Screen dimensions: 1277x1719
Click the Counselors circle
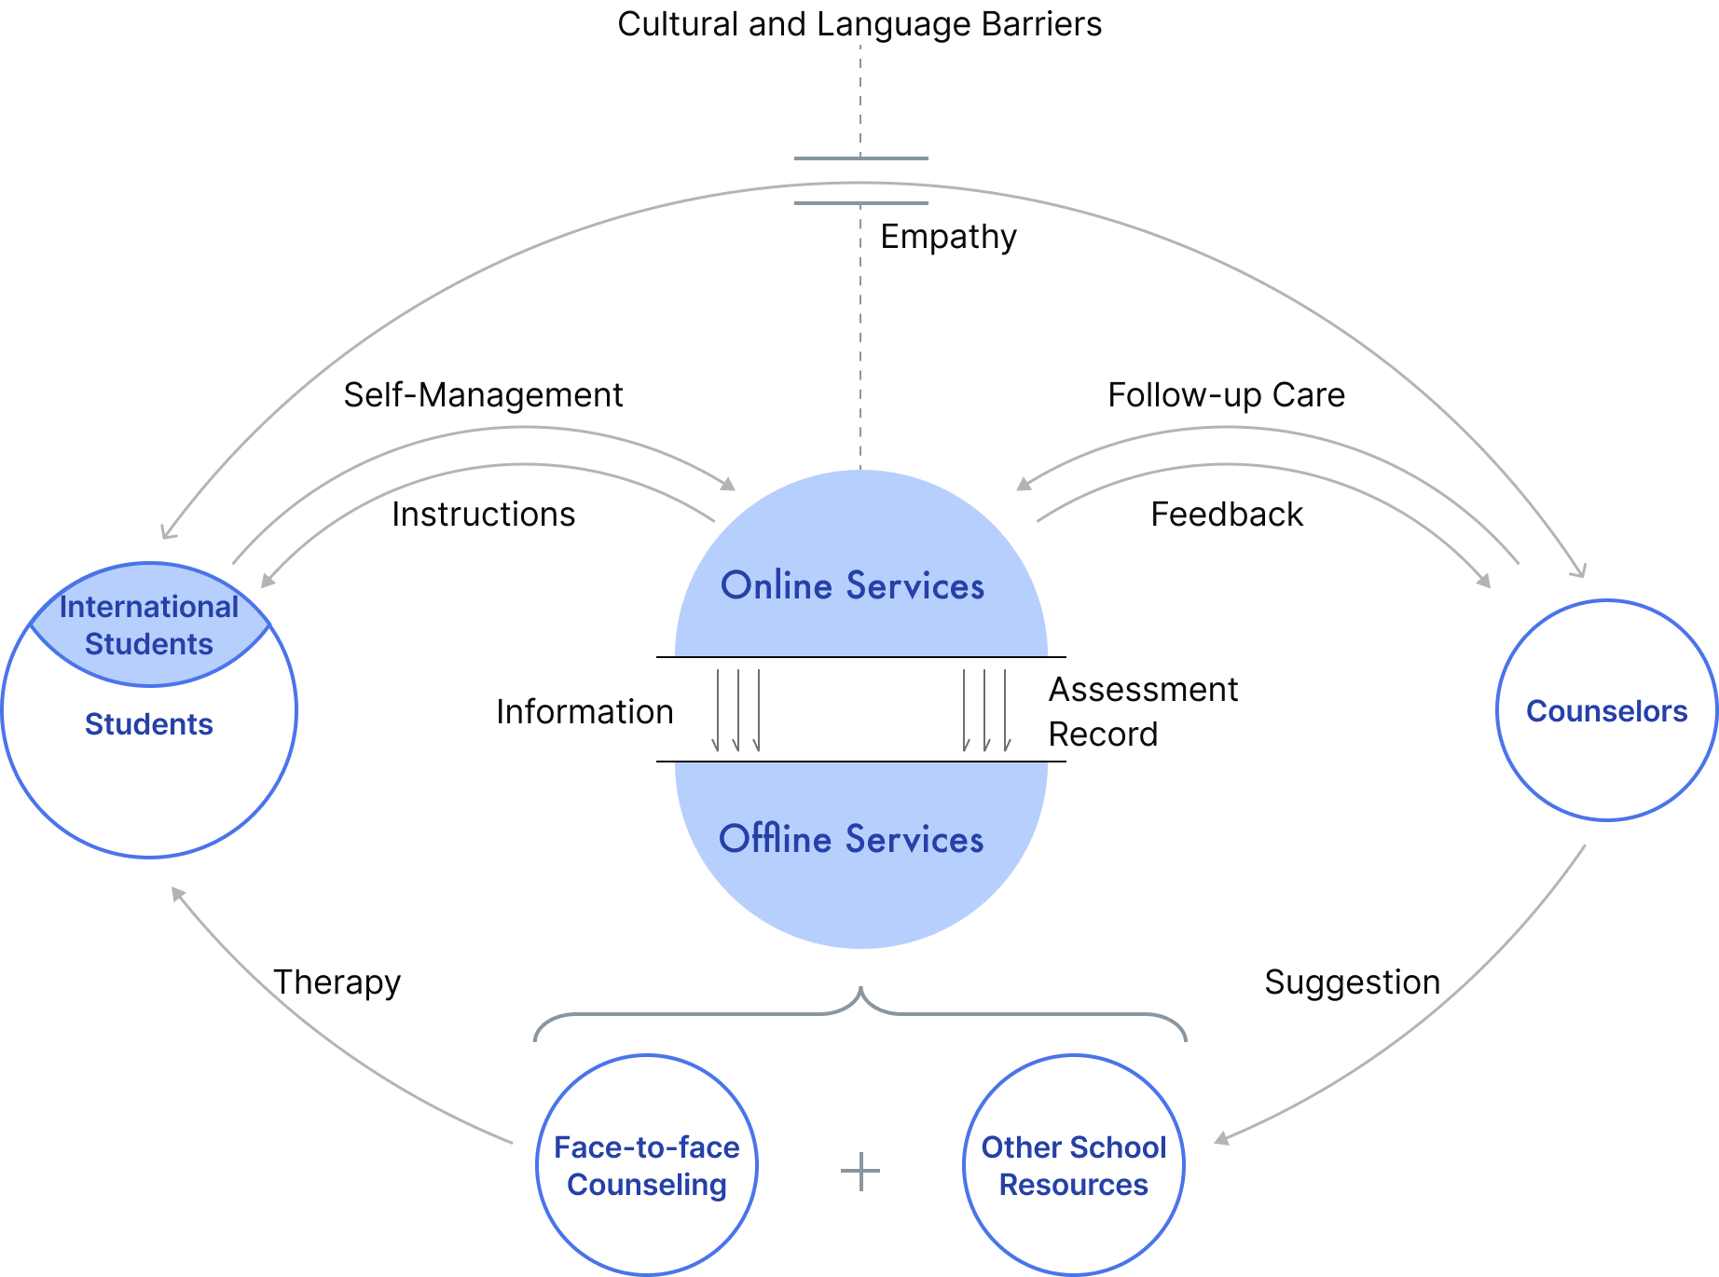point(1605,710)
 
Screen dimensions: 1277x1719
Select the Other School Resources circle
point(1073,1165)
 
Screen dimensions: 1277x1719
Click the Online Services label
point(852,586)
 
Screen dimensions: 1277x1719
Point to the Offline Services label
point(851,839)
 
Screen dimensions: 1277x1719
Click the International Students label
point(149,625)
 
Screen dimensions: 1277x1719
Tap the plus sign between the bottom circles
point(859,1172)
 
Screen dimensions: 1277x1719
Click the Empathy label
point(948,237)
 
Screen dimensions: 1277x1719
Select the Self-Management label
point(483,395)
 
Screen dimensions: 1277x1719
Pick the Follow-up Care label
point(1226,395)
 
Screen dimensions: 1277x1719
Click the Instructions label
point(483,515)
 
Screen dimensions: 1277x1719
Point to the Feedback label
point(1226,515)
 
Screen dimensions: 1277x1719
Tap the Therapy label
point(337,982)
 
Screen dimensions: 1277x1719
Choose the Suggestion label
point(1352,982)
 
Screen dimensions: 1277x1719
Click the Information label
point(584,712)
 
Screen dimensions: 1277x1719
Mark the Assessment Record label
point(1143,712)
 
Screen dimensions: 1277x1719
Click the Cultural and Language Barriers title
point(859,24)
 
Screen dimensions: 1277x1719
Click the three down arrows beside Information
point(736,710)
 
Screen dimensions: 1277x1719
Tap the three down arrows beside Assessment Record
point(986,710)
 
